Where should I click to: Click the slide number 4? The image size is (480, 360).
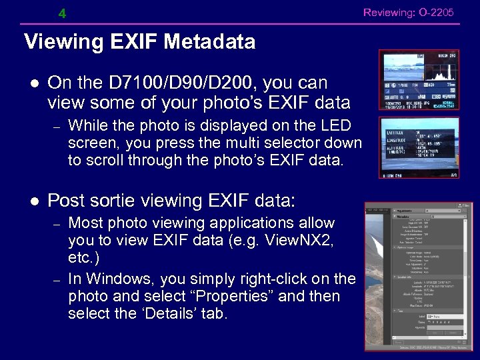pos(62,13)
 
